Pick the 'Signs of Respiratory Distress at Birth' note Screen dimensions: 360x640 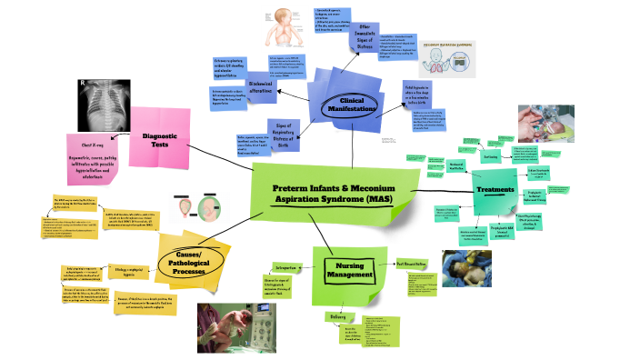pos(282,132)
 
